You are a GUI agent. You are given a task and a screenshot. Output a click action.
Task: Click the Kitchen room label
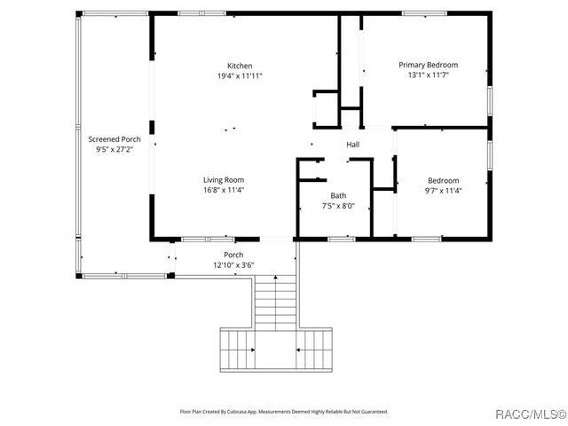pos(240,66)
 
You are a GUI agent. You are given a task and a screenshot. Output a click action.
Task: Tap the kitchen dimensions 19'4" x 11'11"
pos(240,75)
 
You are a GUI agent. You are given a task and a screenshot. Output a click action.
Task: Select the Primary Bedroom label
pos(428,65)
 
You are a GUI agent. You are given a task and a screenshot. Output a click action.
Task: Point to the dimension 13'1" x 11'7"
pos(428,75)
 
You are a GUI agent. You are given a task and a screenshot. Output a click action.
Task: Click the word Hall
pos(352,145)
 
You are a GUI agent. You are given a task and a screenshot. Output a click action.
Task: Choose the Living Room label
pos(224,179)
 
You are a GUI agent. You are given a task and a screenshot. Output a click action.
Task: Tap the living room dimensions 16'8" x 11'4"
pos(224,189)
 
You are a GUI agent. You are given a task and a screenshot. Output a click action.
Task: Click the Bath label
pos(338,195)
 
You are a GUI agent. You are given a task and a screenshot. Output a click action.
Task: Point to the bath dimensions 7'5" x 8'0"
pos(338,205)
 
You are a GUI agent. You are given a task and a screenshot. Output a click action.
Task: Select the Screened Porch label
pos(114,139)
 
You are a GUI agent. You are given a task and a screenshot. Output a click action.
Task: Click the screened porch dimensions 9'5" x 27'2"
pos(114,149)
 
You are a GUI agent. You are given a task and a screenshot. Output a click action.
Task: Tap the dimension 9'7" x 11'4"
pos(444,190)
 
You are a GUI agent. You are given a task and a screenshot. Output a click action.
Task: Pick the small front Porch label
pos(233,255)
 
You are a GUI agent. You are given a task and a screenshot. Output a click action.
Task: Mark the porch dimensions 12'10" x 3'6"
pos(233,264)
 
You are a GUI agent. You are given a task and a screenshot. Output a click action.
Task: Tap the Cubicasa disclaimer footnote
pos(284,412)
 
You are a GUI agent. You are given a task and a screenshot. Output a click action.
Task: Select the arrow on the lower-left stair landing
pos(248,349)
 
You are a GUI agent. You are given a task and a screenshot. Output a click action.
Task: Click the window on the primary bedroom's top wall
pos(424,13)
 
